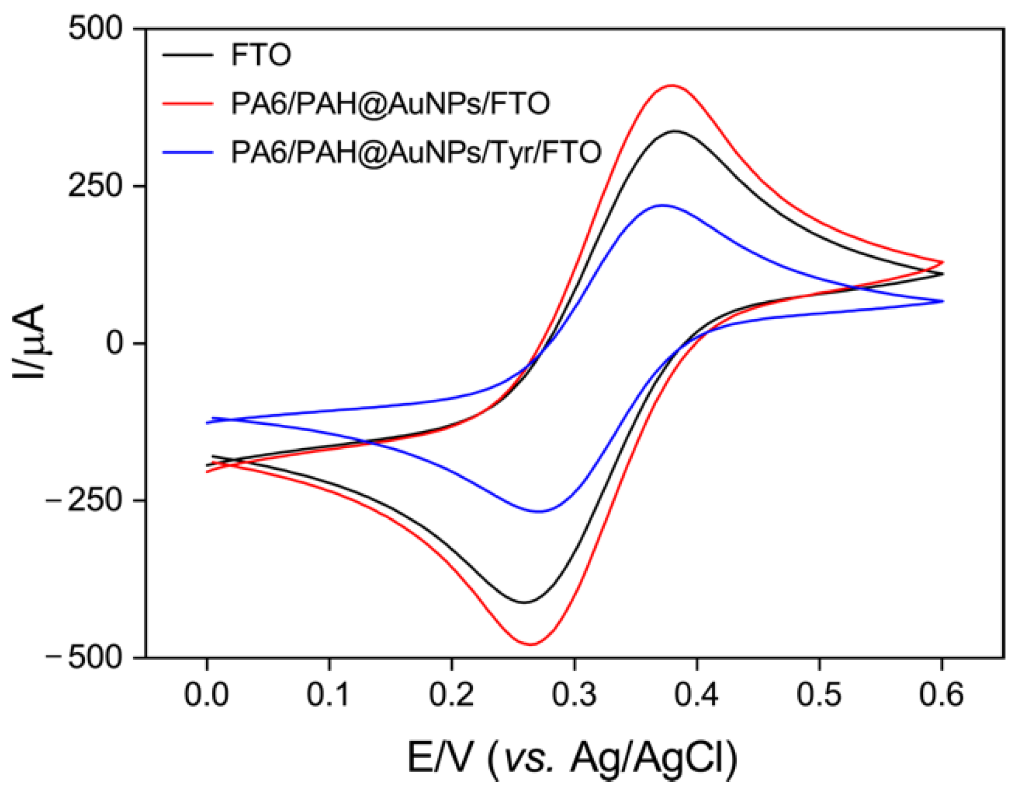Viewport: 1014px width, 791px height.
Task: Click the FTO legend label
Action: click(261, 55)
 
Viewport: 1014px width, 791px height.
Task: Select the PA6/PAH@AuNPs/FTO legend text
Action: click(390, 104)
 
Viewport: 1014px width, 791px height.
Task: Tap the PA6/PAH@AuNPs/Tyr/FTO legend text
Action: click(416, 152)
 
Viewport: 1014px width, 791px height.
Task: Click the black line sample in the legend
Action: click(187, 55)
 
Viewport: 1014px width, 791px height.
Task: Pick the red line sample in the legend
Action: click(187, 104)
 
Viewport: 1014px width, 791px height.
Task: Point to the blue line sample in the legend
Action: click(187, 152)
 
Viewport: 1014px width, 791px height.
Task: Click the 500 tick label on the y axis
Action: click(96, 28)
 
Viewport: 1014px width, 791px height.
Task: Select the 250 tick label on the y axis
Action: click(96, 186)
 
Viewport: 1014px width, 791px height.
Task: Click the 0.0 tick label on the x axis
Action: click(207, 695)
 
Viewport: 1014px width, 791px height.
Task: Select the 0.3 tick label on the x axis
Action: click(574, 695)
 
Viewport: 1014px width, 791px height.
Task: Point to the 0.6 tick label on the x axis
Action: click(942, 695)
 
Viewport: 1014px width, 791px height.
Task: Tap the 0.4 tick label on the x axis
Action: click(696, 695)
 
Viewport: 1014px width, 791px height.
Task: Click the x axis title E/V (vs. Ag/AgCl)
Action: click(572, 758)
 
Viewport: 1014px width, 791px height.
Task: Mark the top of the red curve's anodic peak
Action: click(672, 85)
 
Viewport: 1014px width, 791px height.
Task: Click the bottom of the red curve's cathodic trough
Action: click(530, 644)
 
